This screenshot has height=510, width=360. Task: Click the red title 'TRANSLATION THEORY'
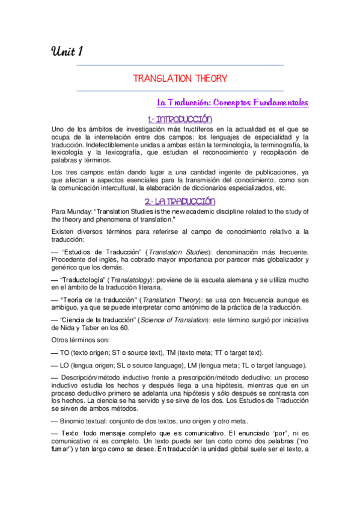(x=180, y=78)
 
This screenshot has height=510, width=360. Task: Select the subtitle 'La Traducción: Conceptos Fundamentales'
(x=232, y=102)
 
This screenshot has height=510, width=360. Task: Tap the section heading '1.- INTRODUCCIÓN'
(x=180, y=118)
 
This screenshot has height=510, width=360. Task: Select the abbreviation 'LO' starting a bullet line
(x=66, y=366)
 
